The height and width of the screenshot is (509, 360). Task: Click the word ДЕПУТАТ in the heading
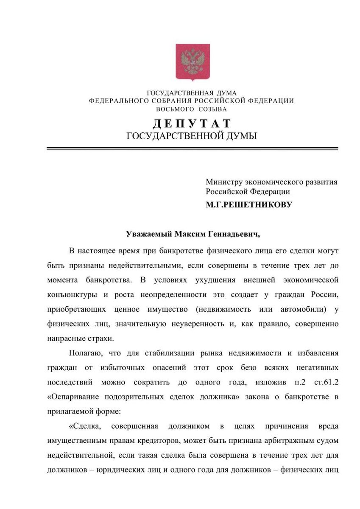coord(192,123)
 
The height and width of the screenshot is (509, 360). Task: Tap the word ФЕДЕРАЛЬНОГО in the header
coord(118,101)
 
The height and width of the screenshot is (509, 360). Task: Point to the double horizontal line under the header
coord(192,148)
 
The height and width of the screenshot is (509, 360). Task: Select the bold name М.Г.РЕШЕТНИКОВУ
coord(249,205)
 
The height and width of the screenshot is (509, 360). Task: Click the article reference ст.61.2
coord(326,382)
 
